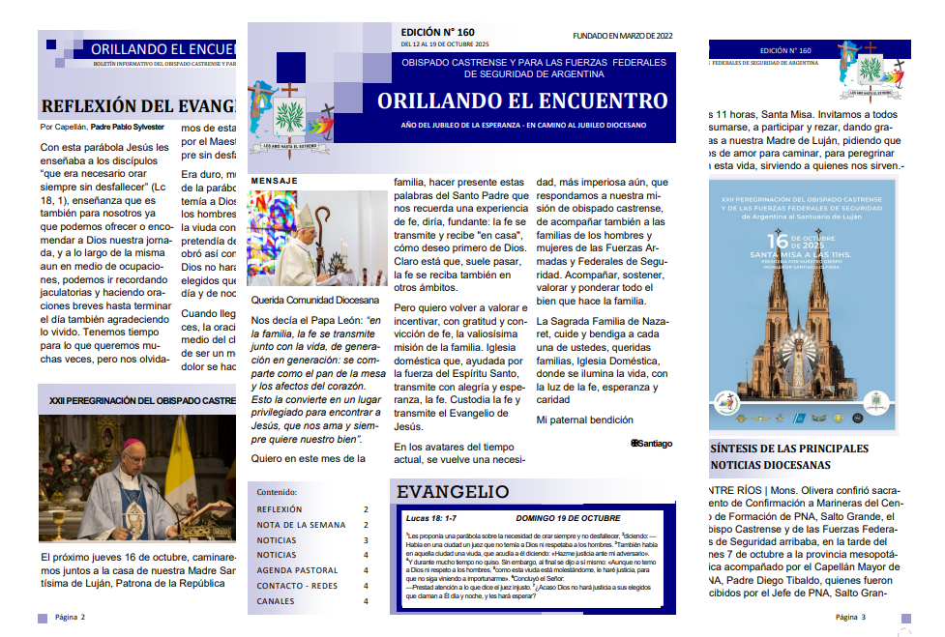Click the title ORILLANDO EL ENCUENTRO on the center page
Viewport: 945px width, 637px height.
pyautogui.click(x=522, y=101)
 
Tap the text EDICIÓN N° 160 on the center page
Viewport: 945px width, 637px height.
pyautogui.click(x=439, y=31)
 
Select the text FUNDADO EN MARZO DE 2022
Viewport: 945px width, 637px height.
pyautogui.click(x=622, y=36)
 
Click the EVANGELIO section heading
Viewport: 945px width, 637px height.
pyautogui.click(x=453, y=493)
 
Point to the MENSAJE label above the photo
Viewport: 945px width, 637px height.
pyautogui.click(x=274, y=181)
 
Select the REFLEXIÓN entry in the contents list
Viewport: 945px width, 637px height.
pyautogui.click(x=280, y=509)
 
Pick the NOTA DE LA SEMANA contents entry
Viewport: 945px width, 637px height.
pyautogui.click(x=301, y=525)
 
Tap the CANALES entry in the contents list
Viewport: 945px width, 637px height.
pyautogui.click(x=276, y=601)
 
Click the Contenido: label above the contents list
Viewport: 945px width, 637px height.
pyautogui.click(x=277, y=491)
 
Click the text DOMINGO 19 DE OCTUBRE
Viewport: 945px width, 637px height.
pyautogui.click(x=568, y=518)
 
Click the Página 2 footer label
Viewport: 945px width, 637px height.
pyautogui.click(x=70, y=617)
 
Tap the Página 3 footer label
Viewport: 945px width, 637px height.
pyautogui.click(x=850, y=617)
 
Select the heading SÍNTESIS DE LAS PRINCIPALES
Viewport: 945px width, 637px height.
pyautogui.click(x=789, y=449)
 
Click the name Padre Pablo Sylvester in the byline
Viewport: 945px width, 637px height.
pyautogui.click(x=128, y=127)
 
